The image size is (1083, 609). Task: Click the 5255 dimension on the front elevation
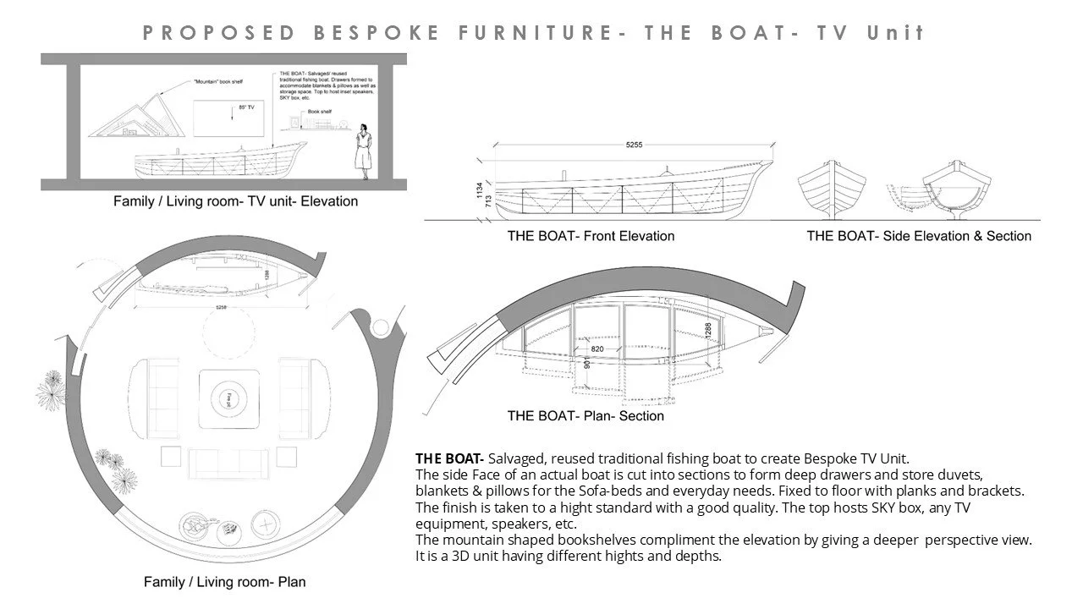pos(634,145)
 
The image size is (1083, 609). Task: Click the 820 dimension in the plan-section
pos(597,348)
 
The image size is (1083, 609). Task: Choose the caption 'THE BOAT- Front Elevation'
pos(591,236)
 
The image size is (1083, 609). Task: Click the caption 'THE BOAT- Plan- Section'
pos(585,416)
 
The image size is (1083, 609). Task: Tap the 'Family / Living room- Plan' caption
pos(224,582)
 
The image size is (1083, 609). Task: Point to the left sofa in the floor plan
pos(154,392)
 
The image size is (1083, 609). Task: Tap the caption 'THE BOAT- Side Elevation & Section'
pos(919,236)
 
